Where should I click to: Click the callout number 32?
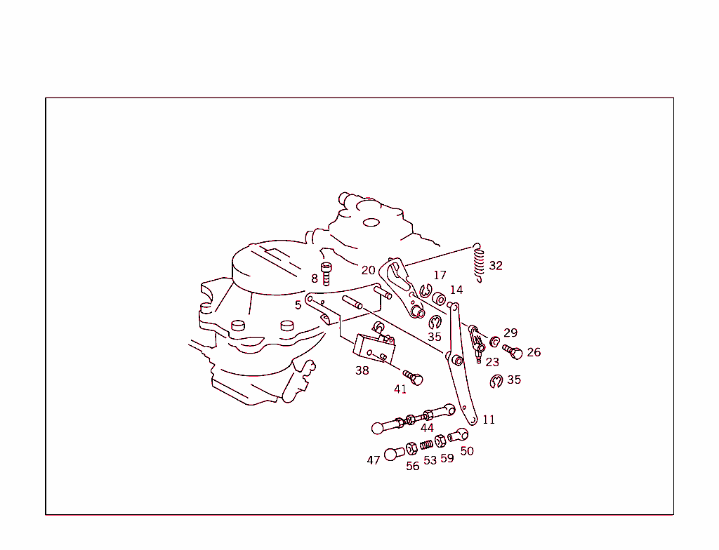496,266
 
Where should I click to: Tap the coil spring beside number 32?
478,263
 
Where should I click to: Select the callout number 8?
314,279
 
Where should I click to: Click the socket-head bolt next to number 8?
326,274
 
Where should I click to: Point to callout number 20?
368,270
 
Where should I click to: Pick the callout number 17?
440,275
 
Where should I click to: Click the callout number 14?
456,290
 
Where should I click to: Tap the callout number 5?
298,305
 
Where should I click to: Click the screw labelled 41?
413,377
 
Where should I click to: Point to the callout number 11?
489,420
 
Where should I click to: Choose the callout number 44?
427,428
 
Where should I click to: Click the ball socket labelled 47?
394,454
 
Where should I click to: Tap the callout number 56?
413,466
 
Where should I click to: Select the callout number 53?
430,460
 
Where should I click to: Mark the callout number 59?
447,458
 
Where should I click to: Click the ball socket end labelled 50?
458,434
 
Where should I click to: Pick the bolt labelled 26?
513,351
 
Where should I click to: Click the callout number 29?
510,333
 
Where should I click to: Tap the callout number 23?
492,362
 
